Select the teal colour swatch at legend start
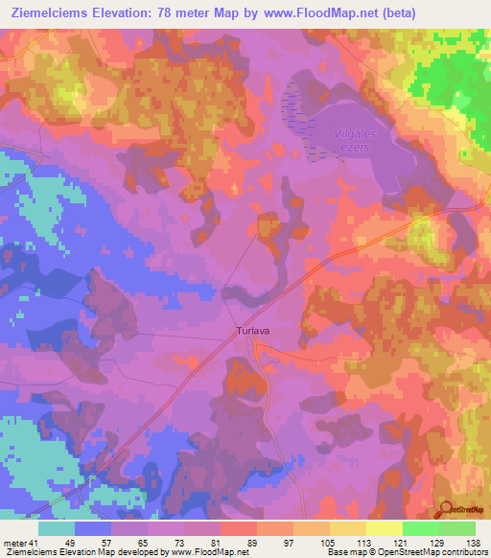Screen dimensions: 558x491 coord(57,528)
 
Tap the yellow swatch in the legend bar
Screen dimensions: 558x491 coord(385,528)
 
